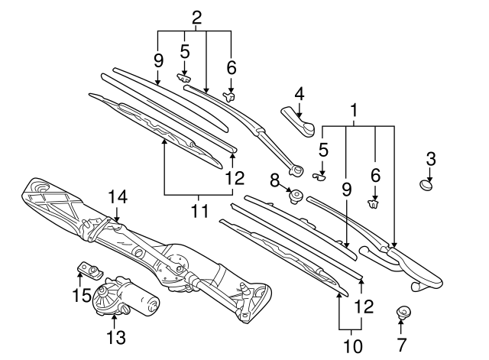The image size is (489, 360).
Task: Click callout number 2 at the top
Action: [196, 16]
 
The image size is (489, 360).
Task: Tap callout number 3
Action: [431, 159]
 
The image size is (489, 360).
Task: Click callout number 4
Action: [300, 95]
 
